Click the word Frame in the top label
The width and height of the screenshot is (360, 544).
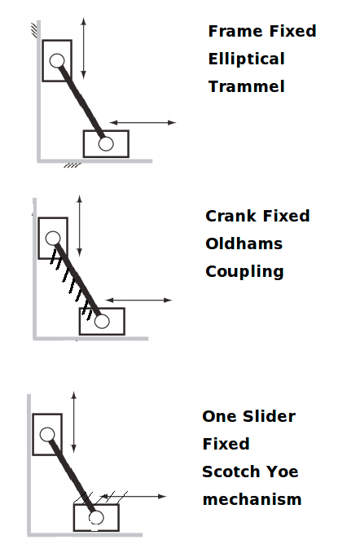click(x=237, y=31)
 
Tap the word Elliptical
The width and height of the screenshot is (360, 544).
click(x=247, y=59)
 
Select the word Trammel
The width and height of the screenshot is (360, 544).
click(x=247, y=86)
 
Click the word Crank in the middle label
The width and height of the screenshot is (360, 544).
click(x=232, y=216)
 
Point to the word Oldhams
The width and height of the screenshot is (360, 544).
click(x=244, y=243)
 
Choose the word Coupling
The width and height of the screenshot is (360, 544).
click(x=244, y=272)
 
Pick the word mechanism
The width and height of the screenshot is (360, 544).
click(x=252, y=499)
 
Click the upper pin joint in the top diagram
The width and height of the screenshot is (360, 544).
click(x=57, y=61)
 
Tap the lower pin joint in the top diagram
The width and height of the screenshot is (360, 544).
click(x=106, y=143)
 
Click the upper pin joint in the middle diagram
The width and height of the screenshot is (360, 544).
click(x=53, y=239)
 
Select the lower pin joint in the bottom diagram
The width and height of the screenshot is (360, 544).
click(x=96, y=517)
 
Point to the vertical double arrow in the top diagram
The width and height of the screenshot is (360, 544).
click(x=83, y=48)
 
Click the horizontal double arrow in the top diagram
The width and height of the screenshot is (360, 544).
click(x=143, y=122)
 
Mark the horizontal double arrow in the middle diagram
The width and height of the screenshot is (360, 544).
click(x=138, y=301)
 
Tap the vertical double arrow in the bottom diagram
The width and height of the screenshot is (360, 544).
click(x=73, y=422)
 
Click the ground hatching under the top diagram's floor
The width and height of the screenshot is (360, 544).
click(x=72, y=165)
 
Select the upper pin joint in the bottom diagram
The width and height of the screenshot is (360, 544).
click(x=47, y=434)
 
